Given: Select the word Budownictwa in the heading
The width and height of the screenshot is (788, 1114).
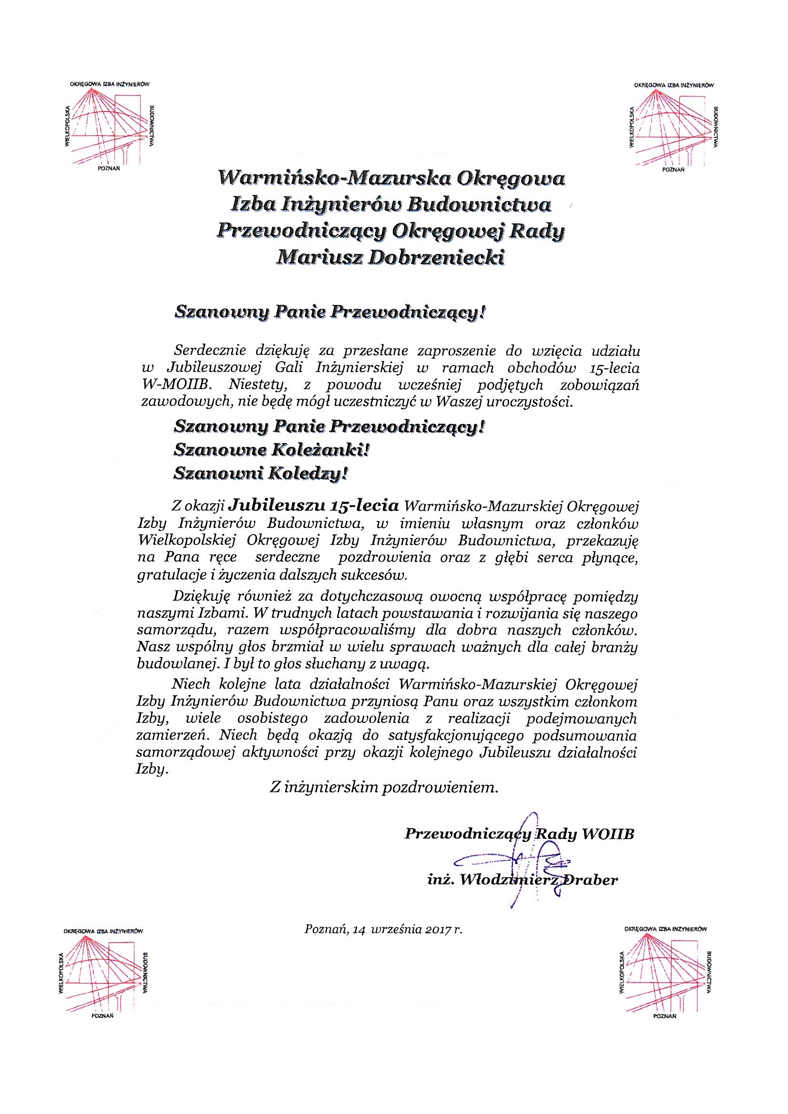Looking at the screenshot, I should point(478,205).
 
